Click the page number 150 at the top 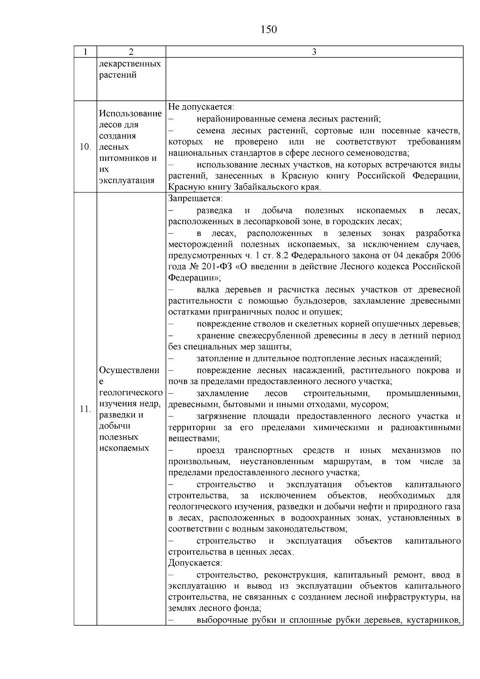268,30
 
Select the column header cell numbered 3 314,52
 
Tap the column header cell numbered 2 131,52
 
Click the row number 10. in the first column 85,147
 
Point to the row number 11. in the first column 85,409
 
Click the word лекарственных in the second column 130,64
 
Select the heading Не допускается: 201,107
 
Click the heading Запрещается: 195,198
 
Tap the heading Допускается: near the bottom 195,563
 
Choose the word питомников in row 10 124,158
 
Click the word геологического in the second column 131,393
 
